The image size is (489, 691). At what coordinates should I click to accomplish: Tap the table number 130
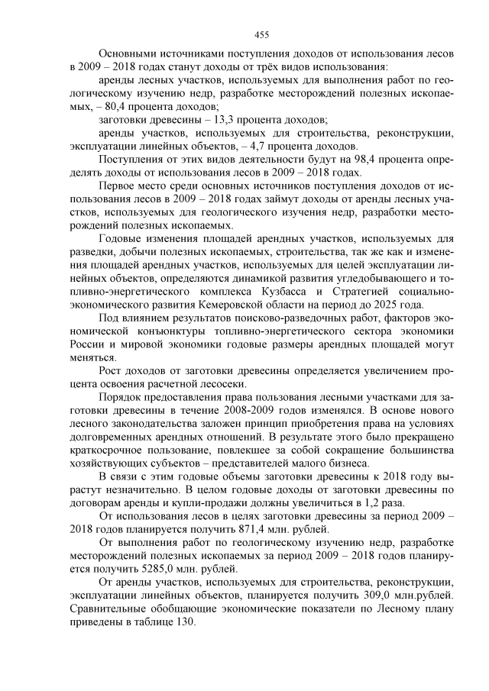(184, 622)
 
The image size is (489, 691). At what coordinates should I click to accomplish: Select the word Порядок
(122, 398)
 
